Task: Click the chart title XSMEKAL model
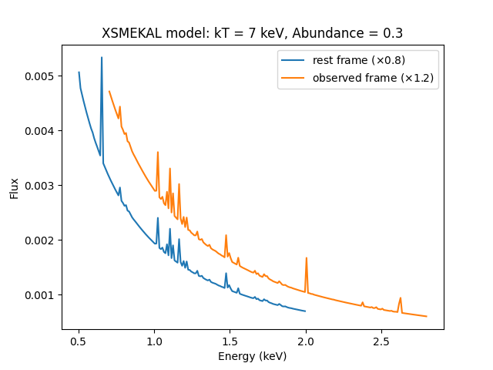pos(253,34)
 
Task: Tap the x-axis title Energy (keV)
pos(253,356)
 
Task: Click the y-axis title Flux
pos(15,187)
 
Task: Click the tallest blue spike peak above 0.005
pos(102,57)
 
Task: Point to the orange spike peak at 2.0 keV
pos(307,258)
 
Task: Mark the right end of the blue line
pos(306,311)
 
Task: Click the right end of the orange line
pos(427,316)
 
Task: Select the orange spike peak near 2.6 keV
pos(401,298)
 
